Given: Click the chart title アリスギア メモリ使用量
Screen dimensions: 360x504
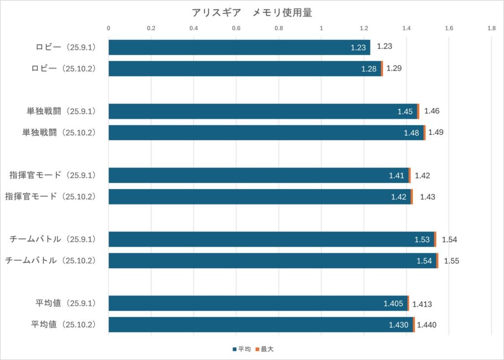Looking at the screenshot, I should click(x=252, y=13).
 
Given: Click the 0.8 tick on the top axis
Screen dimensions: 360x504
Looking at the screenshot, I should click(x=279, y=29).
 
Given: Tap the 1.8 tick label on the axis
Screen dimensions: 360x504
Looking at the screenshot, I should click(x=491, y=29).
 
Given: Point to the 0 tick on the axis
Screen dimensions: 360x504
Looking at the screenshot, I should click(x=109, y=29).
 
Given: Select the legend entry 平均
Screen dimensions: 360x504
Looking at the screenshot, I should click(x=242, y=349).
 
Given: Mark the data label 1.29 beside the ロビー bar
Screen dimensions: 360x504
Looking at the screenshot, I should click(x=394, y=68).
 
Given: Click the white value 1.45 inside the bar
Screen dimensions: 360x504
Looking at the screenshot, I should click(x=405, y=111).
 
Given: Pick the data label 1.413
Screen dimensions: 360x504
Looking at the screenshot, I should click(x=422, y=304).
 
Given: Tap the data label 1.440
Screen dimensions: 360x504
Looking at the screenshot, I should click(x=426, y=325).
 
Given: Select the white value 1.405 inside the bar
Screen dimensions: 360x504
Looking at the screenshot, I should click(x=394, y=303).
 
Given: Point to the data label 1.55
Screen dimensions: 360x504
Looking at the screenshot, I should click(x=451, y=261).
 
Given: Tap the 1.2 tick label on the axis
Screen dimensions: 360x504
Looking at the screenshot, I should click(x=364, y=29).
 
